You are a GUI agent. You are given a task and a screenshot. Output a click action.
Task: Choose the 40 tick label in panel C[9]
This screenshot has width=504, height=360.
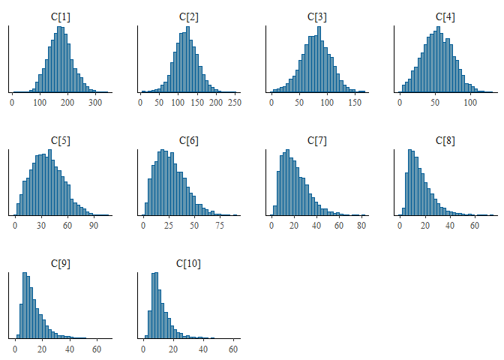(x=70, y=349)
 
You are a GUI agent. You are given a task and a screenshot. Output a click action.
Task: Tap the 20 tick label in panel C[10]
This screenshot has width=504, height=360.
(x=173, y=349)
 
